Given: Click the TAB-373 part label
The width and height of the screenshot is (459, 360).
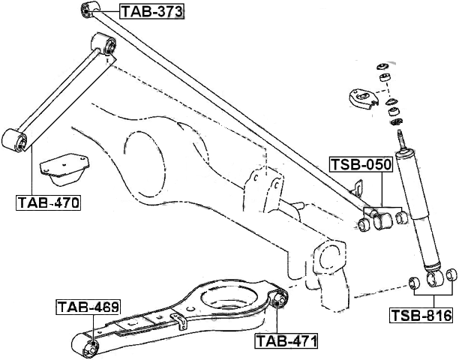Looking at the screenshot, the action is [x=151, y=12].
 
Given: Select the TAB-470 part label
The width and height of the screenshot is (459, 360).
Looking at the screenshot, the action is [x=48, y=202].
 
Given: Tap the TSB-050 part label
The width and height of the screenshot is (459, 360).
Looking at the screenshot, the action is [x=361, y=164].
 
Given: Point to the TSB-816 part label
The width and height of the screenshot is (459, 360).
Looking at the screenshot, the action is [x=421, y=315].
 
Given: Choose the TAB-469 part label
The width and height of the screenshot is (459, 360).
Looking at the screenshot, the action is [x=88, y=307].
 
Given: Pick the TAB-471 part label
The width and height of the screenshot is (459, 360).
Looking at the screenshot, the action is [x=286, y=341].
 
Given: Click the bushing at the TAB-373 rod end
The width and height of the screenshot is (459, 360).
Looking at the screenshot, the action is [x=89, y=9].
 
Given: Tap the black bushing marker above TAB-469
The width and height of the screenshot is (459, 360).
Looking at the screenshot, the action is [x=93, y=343].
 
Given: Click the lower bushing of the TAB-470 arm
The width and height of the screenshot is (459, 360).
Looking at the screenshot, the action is [x=14, y=140].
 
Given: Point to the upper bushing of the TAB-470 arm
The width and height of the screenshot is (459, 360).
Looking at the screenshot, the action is [x=104, y=45].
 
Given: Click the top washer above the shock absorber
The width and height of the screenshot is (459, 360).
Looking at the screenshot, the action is [x=382, y=67].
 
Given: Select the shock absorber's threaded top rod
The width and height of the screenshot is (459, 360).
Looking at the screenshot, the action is [x=400, y=140].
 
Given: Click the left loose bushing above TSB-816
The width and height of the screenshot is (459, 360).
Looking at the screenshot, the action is [x=415, y=283].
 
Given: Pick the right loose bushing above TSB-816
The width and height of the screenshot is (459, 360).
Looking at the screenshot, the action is [x=451, y=274].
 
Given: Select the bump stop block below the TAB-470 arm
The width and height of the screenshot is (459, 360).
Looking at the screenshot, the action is [x=64, y=169].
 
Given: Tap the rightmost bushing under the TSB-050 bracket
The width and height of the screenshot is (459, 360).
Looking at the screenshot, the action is [x=401, y=217].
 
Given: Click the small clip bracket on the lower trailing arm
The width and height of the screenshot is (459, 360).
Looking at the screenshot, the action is [x=179, y=321].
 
